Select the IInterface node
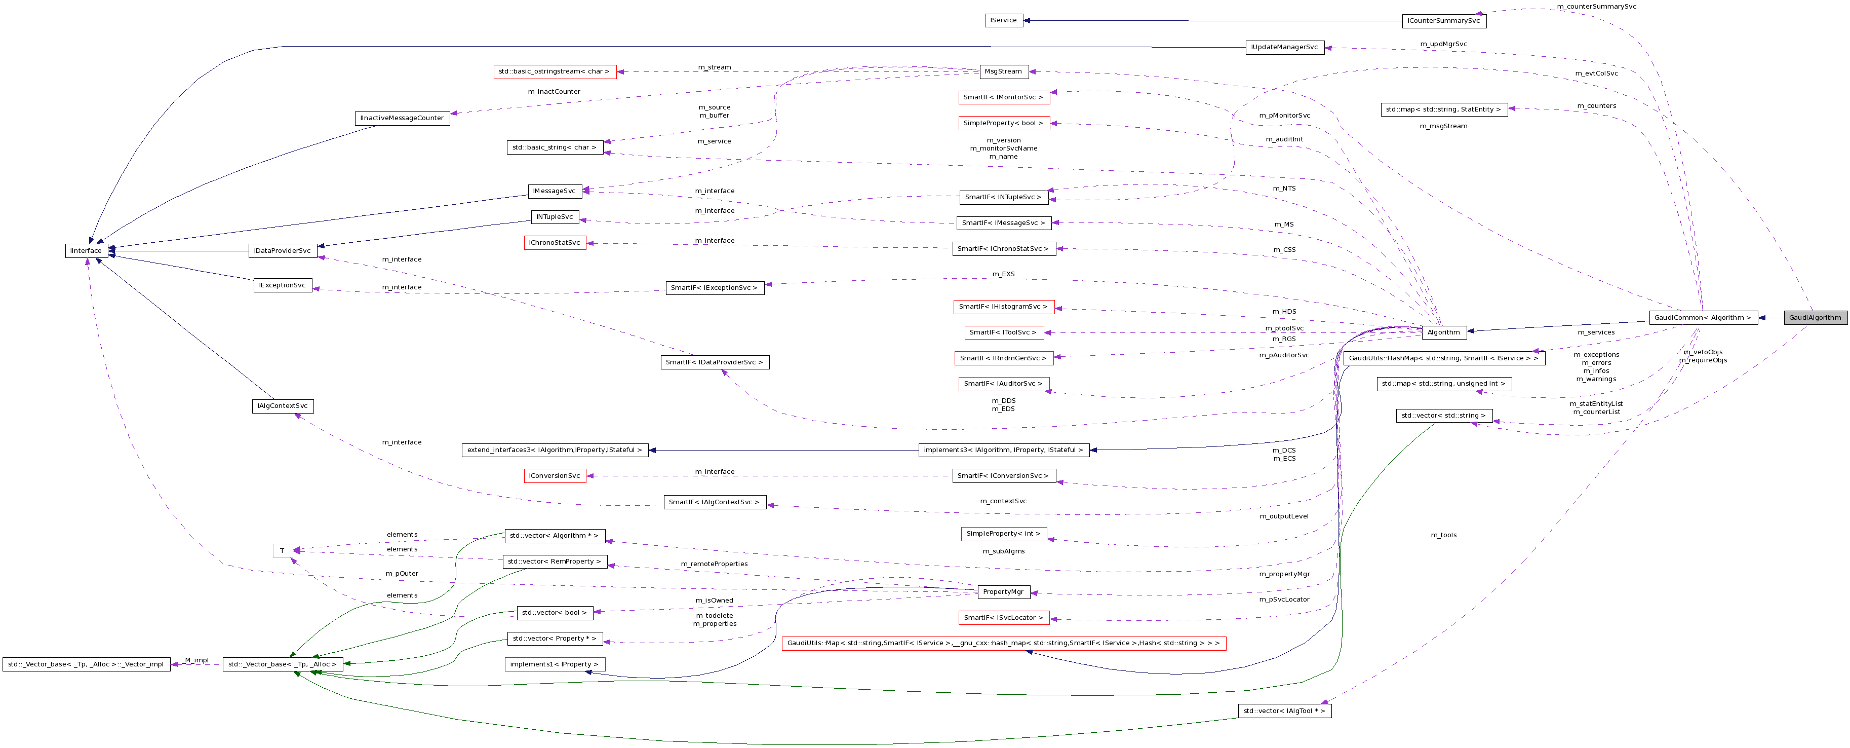click(86, 251)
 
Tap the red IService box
click(1003, 21)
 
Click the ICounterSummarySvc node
click(1443, 21)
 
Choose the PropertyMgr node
click(1003, 592)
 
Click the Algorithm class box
click(1443, 332)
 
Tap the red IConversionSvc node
click(555, 476)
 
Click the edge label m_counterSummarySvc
click(1596, 7)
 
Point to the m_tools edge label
click(1443, 535)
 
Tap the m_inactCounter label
click(554, 92)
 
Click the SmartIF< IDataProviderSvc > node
click(715, 362)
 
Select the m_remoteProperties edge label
click(714, 564)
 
